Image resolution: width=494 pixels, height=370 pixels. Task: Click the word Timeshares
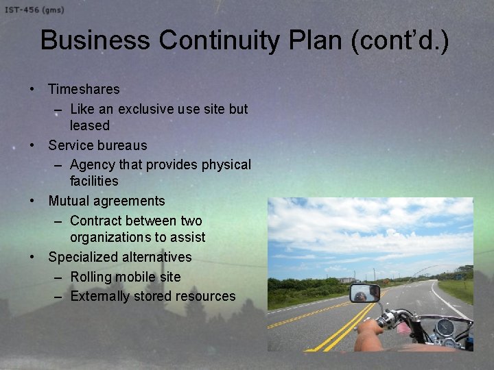pyautogui.click(x=84, y=89)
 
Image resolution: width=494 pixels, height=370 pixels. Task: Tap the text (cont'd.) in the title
pyautogui.click(x=400, y=40)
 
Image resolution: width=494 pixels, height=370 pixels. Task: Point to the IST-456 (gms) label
pyautogui.click(x=34, y=9)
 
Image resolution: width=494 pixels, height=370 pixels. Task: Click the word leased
pyautogui.click(x=89, y=125)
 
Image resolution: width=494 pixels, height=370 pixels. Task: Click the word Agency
pyautogui.click(x=92, y=165)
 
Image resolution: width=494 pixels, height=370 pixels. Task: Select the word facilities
pyautogui.click(x=94, y=181)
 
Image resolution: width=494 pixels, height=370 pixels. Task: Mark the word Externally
pyautogui.click(x=102, y=296)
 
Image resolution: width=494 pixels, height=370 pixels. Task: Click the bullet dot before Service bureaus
pyautogui.click(x=32, y=145)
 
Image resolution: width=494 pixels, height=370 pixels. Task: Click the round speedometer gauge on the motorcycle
pyautogui.click(x=446, y=327)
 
